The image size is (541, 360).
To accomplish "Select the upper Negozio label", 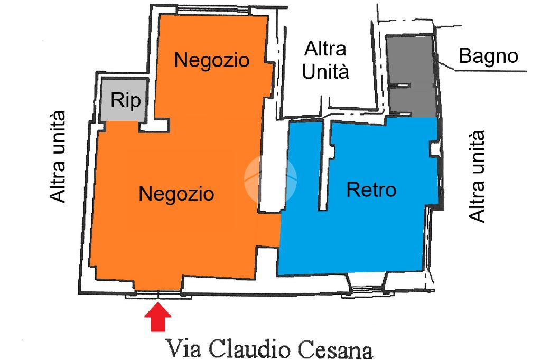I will point(211,60).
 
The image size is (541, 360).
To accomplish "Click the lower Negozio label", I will point(176,194).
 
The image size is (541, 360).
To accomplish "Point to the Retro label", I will point(371,189).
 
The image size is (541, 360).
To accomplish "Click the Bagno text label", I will point(488,55).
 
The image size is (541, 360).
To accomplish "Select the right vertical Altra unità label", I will point(477,177).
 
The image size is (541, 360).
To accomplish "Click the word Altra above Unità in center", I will point(325,49).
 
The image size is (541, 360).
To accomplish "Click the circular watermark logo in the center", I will point(270,179).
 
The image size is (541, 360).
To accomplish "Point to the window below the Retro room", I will point(366,288).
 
